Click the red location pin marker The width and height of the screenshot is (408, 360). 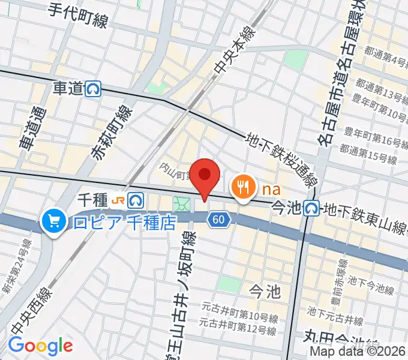point(205,175)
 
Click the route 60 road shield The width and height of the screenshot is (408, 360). point(218,220)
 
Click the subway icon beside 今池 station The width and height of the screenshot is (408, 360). point(311,208)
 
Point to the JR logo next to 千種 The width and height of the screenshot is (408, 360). point(120,199)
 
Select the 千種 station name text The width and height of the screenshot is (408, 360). point(93,199)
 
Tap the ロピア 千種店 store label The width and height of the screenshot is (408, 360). point(124,223)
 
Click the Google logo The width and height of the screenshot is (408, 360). point(40,346)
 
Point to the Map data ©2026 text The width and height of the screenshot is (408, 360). point(358,352)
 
